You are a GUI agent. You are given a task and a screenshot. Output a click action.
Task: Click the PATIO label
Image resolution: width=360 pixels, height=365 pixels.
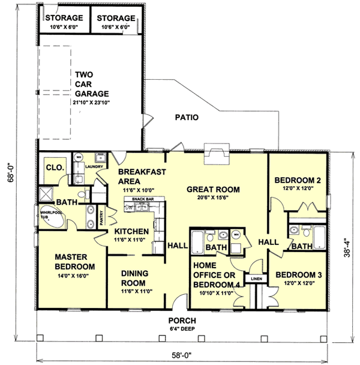pos(187,117)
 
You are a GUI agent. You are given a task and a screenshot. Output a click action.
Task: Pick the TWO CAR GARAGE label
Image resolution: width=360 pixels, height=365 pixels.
pos(91,85)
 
